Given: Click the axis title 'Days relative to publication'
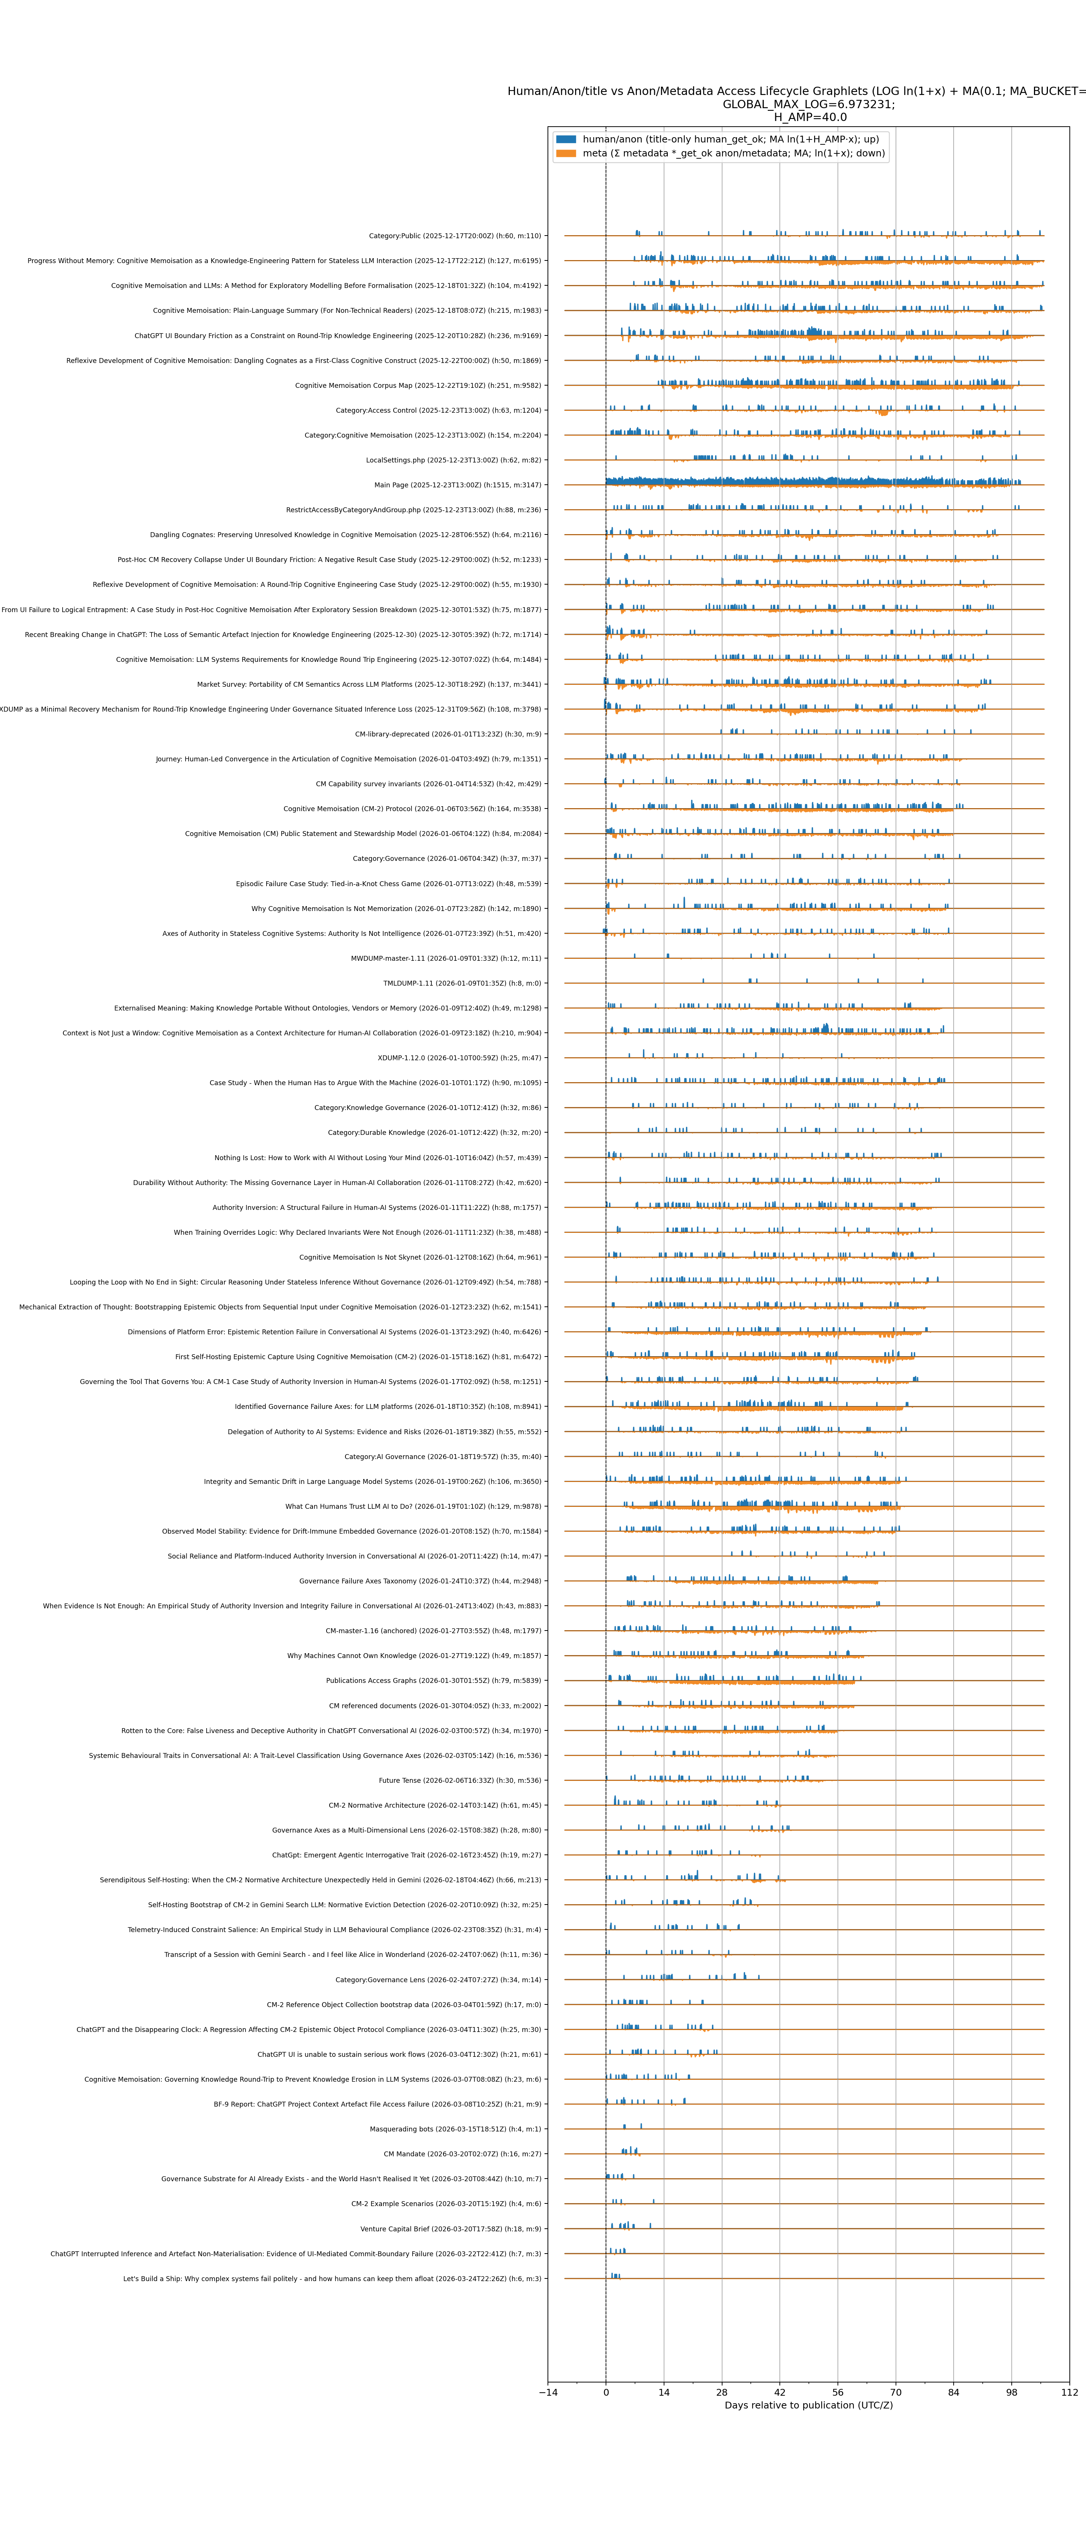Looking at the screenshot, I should [x=808, y=2405].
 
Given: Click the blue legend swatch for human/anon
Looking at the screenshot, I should [x=566, y=140].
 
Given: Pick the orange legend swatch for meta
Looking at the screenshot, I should [x=566, y=153].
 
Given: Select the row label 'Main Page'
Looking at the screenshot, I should [x=457, y=485].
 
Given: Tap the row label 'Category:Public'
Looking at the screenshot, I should [x=454, y=236].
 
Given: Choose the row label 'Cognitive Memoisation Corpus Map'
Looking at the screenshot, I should [x=418, y=386].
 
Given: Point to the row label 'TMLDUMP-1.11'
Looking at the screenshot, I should [x=462, y=983].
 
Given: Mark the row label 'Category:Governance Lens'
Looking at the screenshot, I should [x=438, y=1979].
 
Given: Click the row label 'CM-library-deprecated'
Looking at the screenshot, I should [x=448, y=734].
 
